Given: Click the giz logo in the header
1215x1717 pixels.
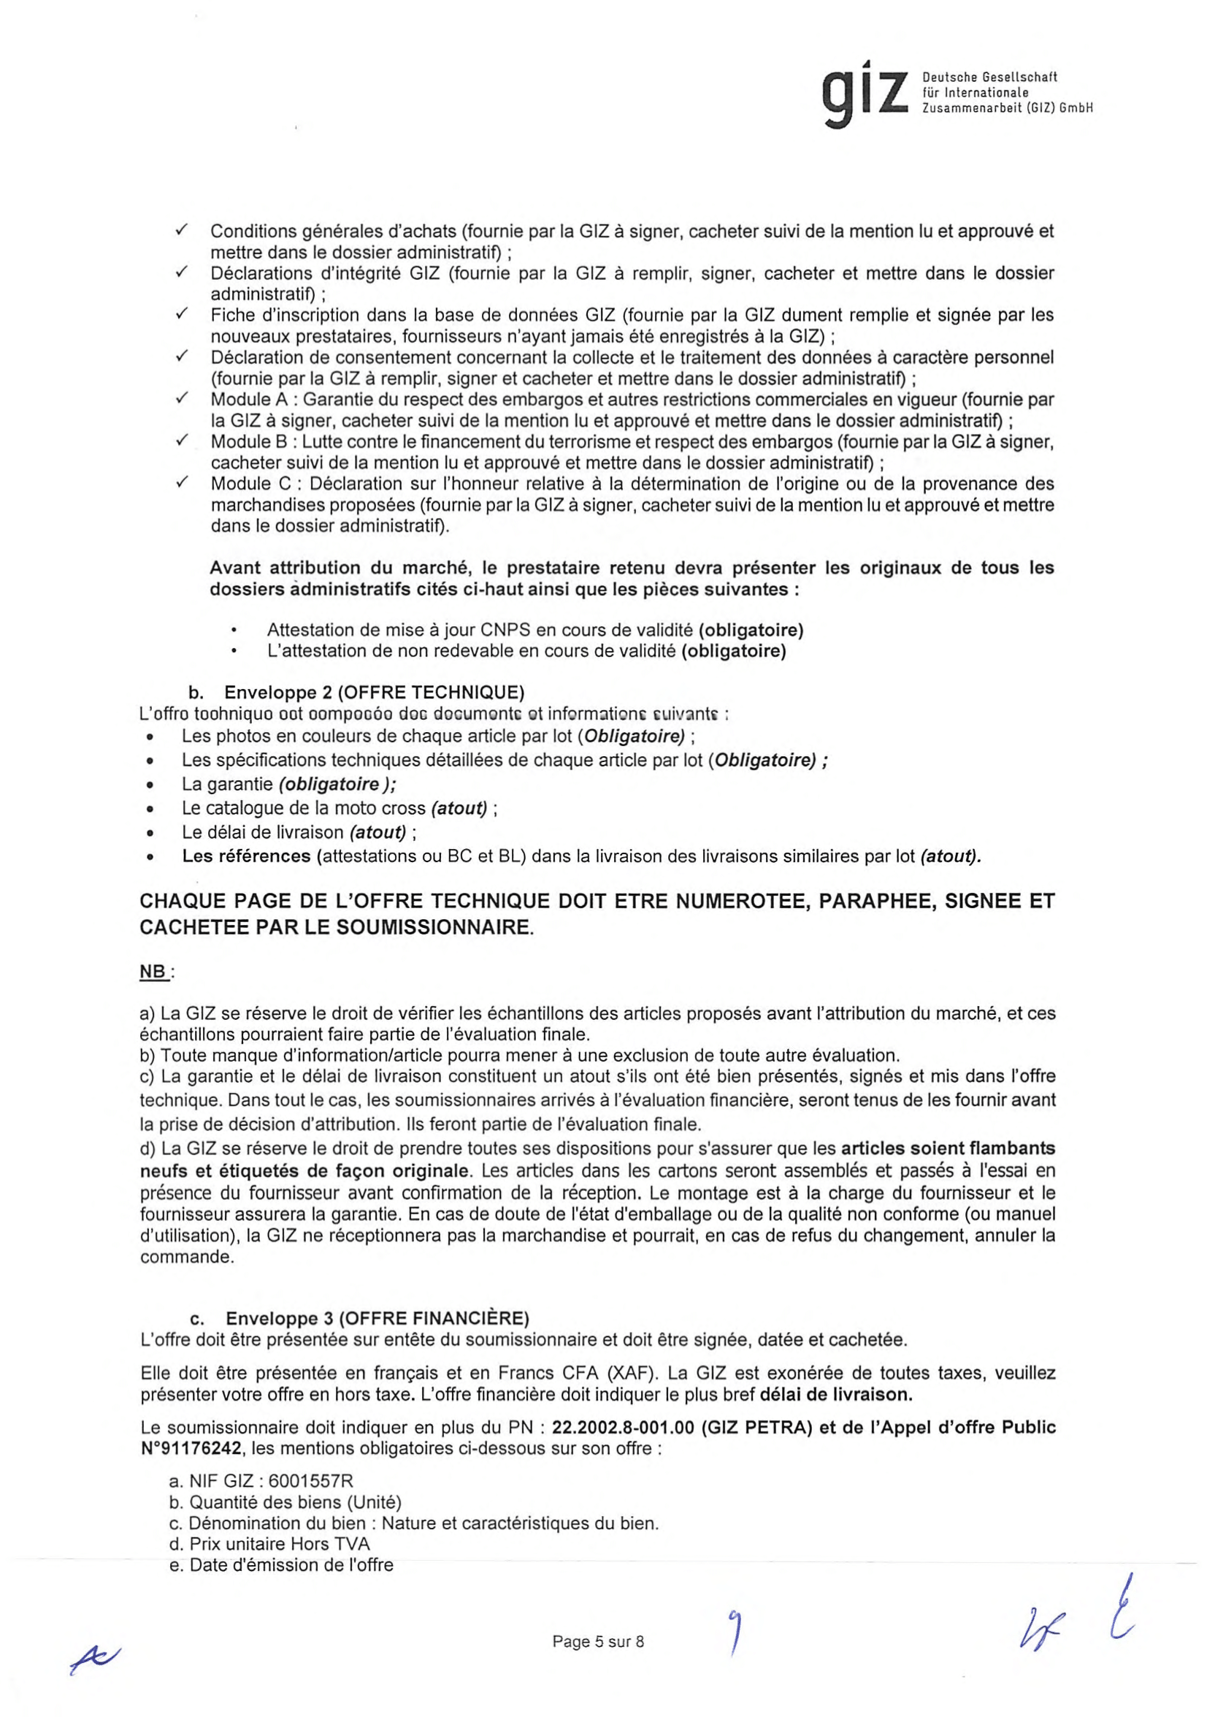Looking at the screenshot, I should pos(865,94).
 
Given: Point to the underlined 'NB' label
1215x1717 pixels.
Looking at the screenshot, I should pos(153,972).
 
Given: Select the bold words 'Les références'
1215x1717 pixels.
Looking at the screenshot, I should pos(246,856).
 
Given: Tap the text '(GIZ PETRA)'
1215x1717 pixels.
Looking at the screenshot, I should pos(756,1428).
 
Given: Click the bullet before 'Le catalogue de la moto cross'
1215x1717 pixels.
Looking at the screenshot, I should pos(151,809).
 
